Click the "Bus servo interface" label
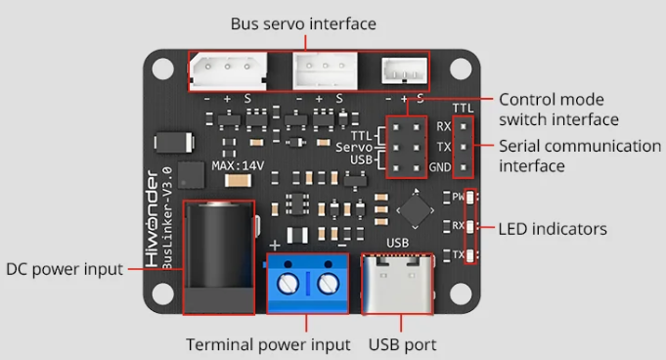pyautogui.click(x=303, y=23)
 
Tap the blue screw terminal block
pyautogui.click(x=307, y=284)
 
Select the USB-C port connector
pyautogui.click(x=398, y=284)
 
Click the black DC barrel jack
pyautogui.click(x=219, y=257)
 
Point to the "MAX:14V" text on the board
pyautogui.click(x=238, y=165)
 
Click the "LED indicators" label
pyautogui.click(x=553, y=229)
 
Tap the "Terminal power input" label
pyautogui.click(x=268, y=344)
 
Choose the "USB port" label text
pyautogui.click(x=402, y=344)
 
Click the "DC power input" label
pyautogui.click(x=65, y=269)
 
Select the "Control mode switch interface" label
pyautogui.click(x=558, y=110)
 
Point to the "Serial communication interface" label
pyautogui.click(x=580, y=156)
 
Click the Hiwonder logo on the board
pyautogui.click(x=152, y=218)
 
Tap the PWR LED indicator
pyautogui.click(x=469, y=198)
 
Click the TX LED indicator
pyautogui.click(x=469, y=255)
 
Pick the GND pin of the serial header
pyautogui.click(x=464, y=167)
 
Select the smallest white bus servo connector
pyautogui.click(x=404, y=70)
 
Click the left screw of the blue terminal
pyautogui.click(x=288, y=284)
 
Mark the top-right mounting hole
pyautogui.click(x=461, y=68)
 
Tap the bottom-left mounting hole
pyautogui.click(x=162, y=294)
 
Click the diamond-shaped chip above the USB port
pyautogui.click(x=415, y=210)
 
